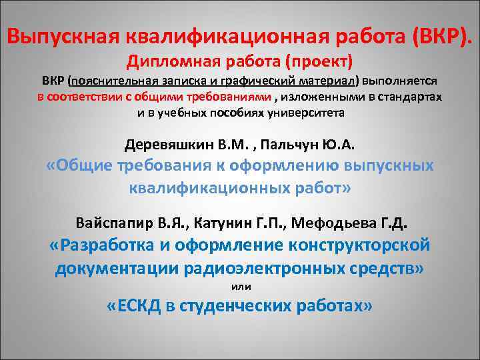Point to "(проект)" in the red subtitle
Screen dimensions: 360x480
tap(316, 62)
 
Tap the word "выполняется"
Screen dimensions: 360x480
tap(399, 81)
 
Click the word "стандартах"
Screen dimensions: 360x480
tap(413, 97)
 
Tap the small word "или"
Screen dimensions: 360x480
tap(239, 287)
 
